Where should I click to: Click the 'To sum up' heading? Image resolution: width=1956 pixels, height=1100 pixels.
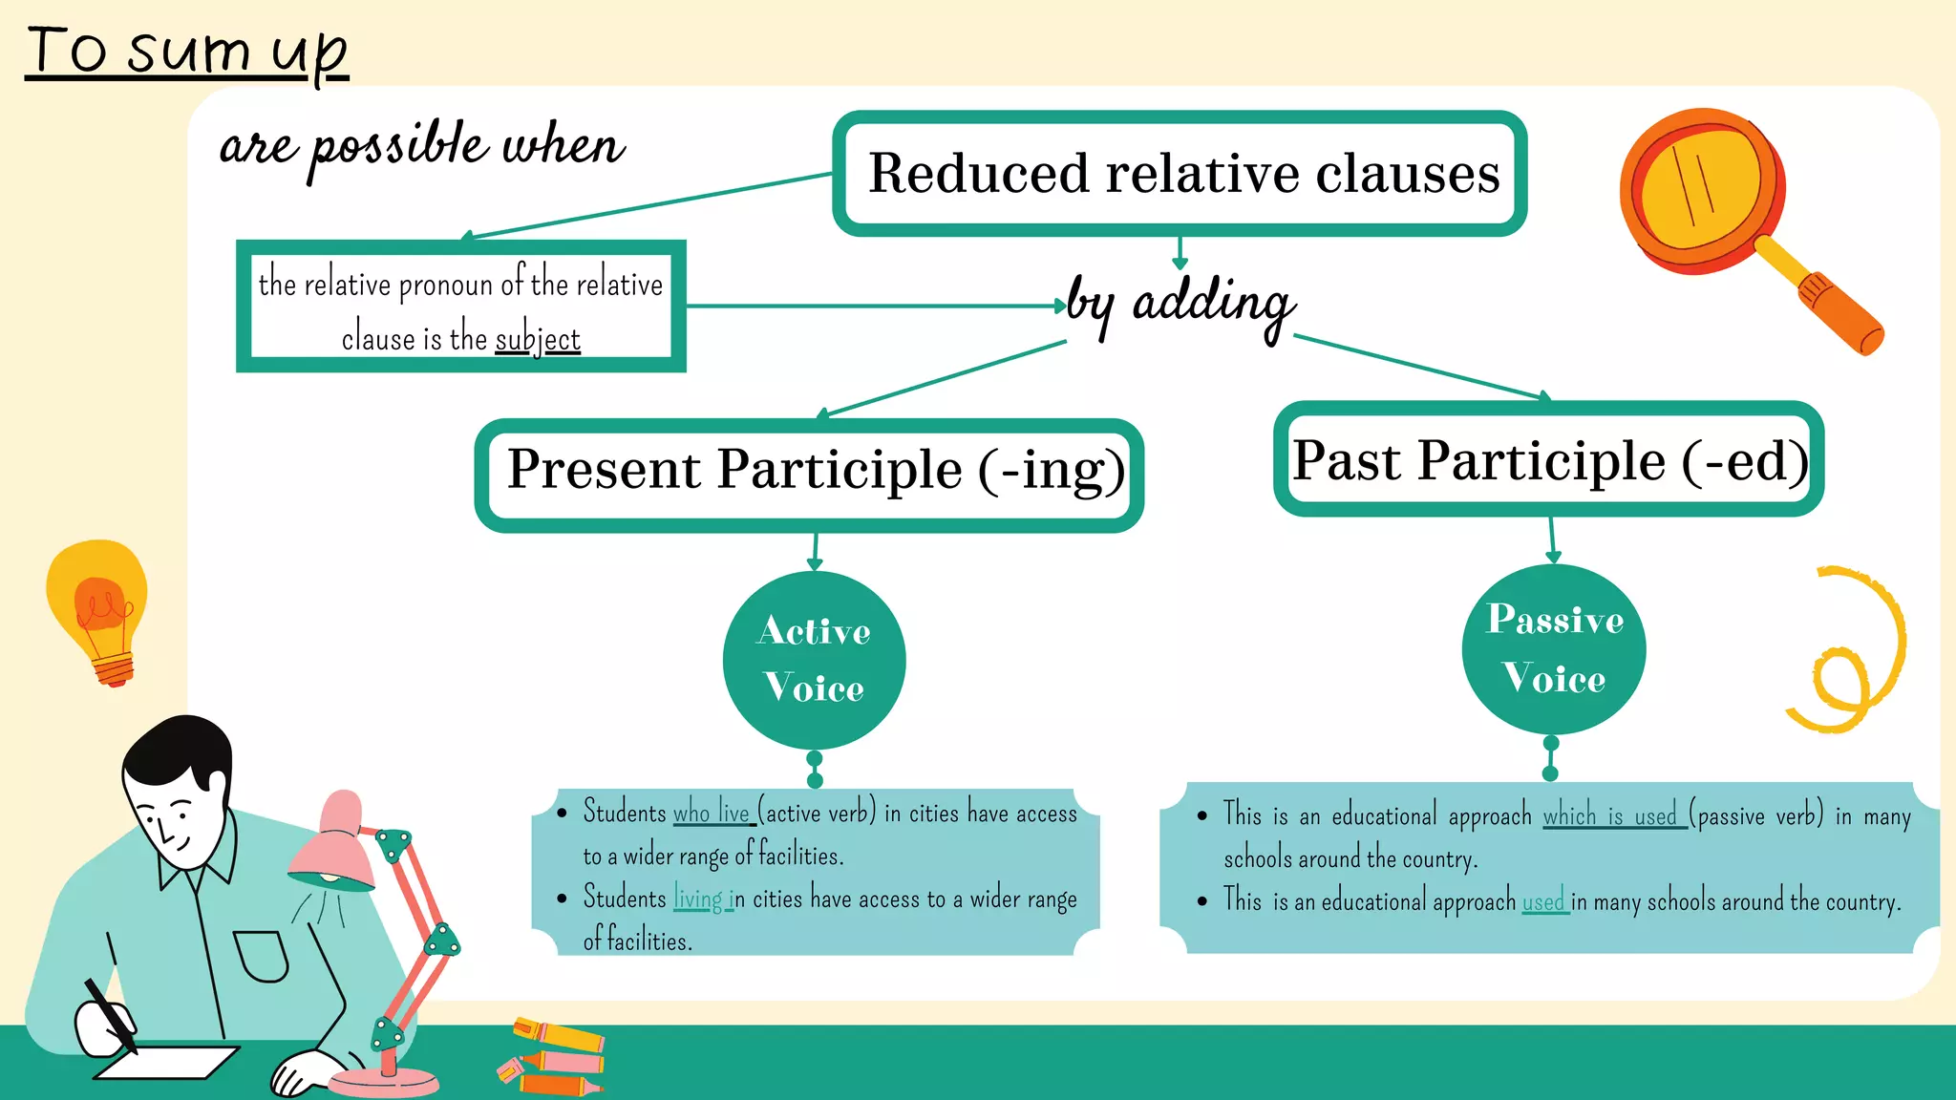pyautogui.click(x=187, y=52)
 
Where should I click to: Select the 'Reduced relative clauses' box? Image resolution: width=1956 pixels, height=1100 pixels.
pyautogui.click(x=1180, y=174)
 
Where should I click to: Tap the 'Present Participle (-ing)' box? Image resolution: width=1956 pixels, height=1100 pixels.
pyautogui.click(x=810, y=475)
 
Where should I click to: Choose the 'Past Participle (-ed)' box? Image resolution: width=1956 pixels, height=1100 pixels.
pyautogui.click(x=1548, y=460)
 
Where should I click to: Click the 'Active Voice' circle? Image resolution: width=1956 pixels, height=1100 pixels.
pyautogui.click(x=814, y=660)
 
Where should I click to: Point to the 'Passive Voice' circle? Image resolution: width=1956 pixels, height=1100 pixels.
pyautogui.click(x=1553, y=649)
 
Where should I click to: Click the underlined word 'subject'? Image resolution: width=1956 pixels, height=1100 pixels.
pyautogui.click(x=538, y=339)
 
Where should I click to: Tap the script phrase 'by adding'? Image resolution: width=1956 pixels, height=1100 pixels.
pyautogui.click(x=1180, y=304)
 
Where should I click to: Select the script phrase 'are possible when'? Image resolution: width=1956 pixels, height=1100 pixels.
pyautogui.click(x=421, y=146)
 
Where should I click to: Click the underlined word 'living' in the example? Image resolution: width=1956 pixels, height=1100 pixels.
pyautogui.click(x=700, y=899)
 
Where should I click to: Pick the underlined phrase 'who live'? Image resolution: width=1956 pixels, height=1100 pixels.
pyautogui.click(x=712, y=813)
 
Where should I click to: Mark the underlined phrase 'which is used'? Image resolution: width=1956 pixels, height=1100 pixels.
pyautogui.click(x=1611, y=815)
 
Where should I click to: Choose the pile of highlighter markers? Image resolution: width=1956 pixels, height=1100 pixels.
pyautogui.click(x=552, y=1058)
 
